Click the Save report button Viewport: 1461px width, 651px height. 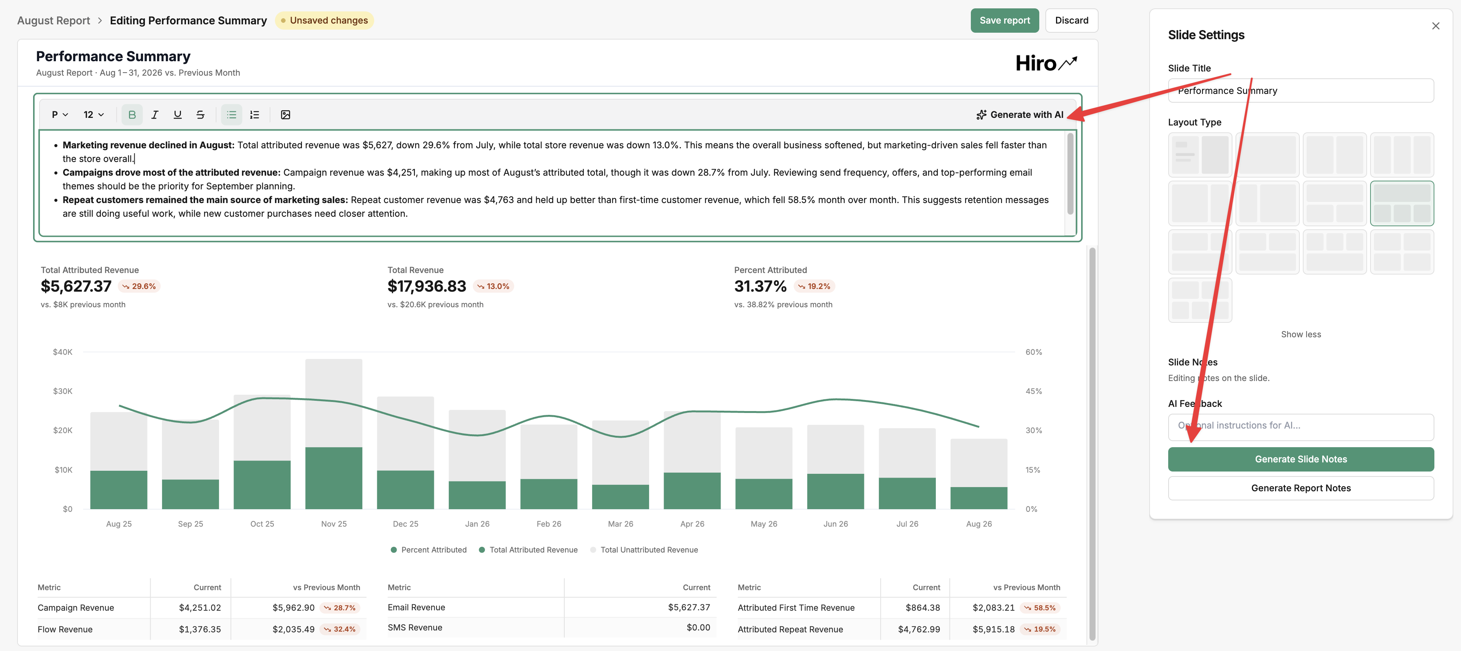(1004, 21)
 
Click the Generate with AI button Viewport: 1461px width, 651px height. (1020, 114)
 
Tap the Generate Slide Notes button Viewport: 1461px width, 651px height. (1301, 459)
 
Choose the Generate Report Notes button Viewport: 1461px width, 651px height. (1301, 488)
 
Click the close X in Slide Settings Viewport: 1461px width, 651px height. (1436, 26)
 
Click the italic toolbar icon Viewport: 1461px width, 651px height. (155, 114)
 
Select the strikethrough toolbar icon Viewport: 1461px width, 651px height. (200, 114)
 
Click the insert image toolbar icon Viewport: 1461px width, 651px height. (285, 114)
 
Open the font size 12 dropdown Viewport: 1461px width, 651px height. (94, 114)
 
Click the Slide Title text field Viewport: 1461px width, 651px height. (1301, 91)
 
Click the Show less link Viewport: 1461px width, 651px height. (1301, 335)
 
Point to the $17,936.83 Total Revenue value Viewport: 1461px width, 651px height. (427, 286)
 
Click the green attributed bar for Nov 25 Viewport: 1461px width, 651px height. (333, 478)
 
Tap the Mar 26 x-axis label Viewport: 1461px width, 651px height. (621, 524)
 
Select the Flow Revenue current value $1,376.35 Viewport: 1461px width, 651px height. (200, 629)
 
